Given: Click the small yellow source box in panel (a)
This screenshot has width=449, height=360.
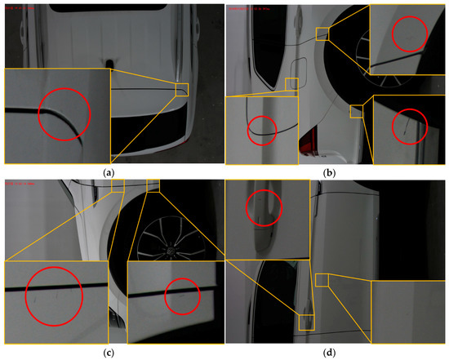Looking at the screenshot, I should (x=181, y=89).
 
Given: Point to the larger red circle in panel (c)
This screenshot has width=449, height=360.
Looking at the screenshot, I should (x=55, y=295).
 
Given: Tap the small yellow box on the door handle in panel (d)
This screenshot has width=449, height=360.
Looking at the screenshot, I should (x=306, y=321).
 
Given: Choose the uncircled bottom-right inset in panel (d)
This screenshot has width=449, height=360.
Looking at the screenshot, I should (x=409, y=314).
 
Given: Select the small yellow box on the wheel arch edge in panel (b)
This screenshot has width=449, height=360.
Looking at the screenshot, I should (x=356, y=111).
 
